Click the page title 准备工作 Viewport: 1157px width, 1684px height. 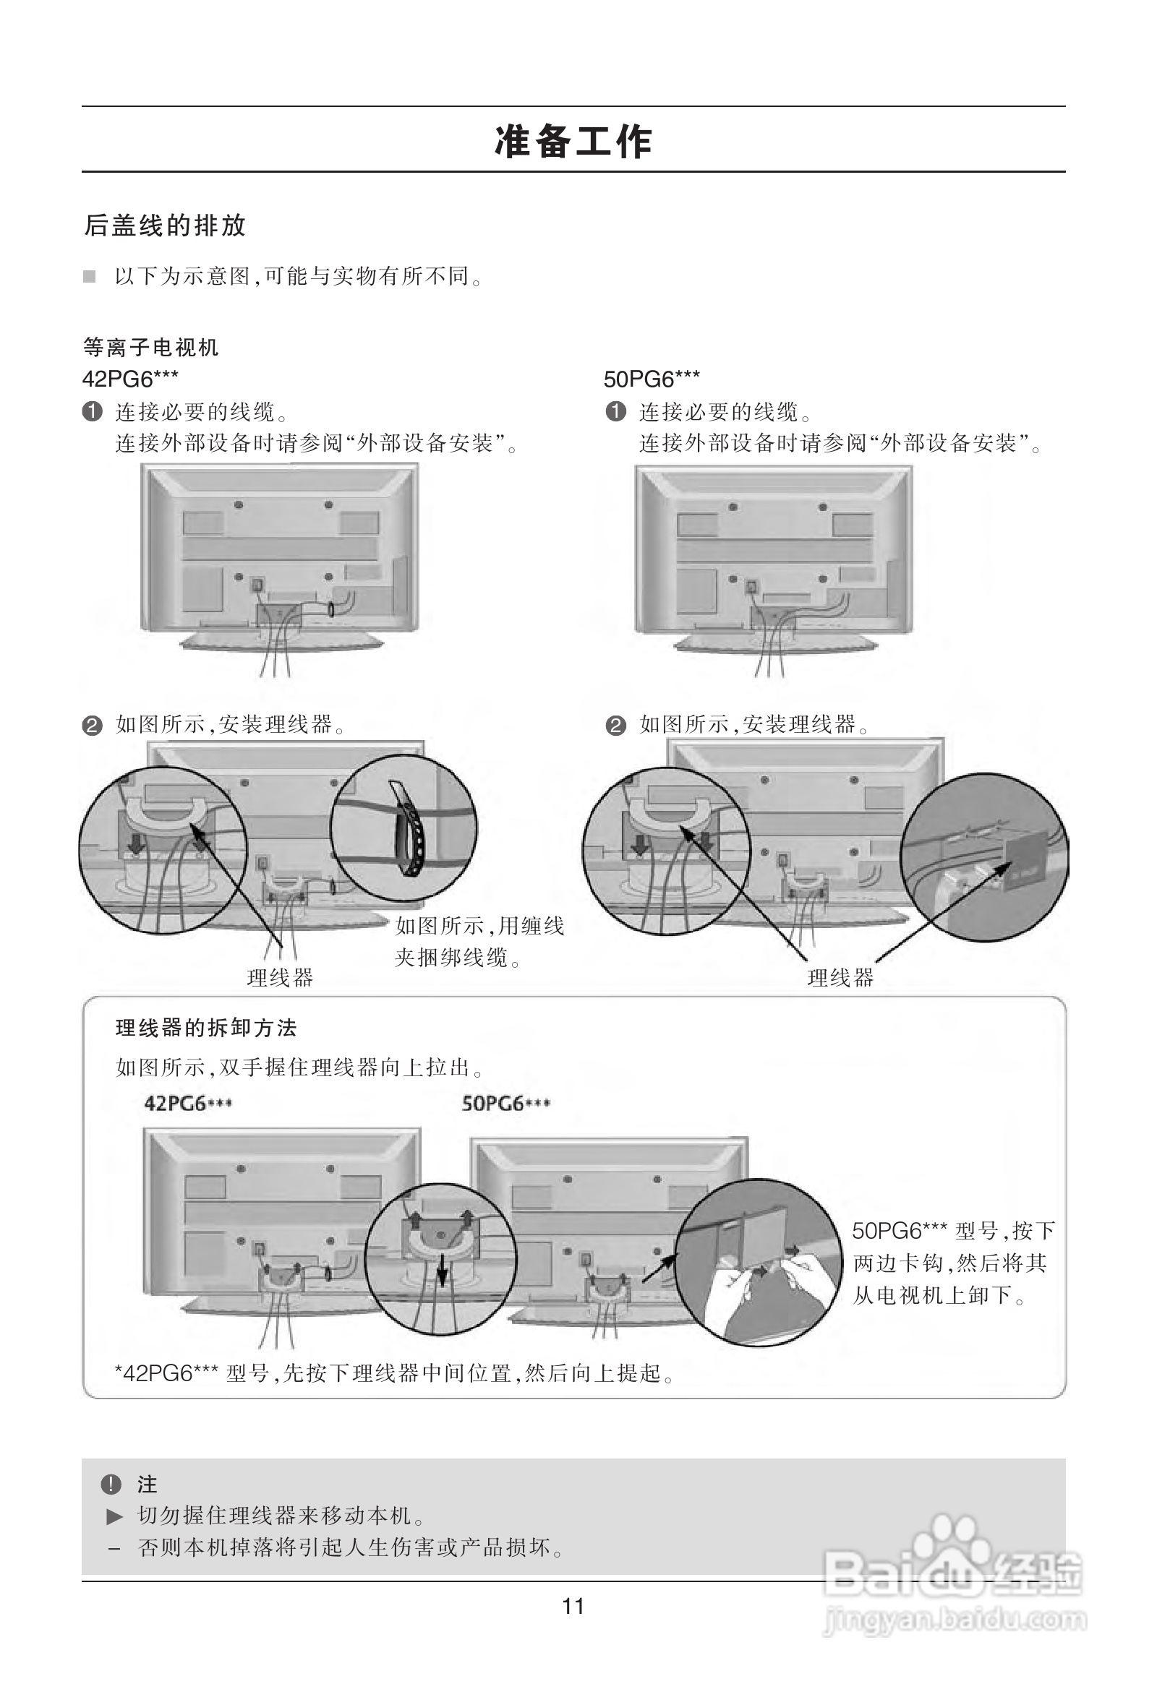(573, 142)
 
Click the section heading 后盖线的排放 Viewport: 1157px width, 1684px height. (166, 225)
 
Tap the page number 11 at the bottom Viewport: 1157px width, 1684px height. (573, 1607)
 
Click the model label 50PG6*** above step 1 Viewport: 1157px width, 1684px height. (652, 378)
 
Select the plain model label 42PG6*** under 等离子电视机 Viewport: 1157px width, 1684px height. (129, 378)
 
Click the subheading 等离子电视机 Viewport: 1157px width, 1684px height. (150, 348)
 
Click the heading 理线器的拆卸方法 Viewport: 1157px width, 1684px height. (206, 1028)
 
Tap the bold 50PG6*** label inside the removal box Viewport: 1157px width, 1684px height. (505, 1104)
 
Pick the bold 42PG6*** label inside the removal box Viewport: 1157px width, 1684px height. (188, 1104)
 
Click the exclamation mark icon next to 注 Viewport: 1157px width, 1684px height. (111, 1484)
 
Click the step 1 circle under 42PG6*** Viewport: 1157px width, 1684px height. (92, 412)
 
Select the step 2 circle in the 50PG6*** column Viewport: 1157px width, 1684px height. (615, 726)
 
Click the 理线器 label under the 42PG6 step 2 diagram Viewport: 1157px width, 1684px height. (280, 978)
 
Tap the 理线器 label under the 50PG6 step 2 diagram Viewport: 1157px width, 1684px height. (840, 978)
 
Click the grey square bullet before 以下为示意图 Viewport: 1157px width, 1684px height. (89, 276)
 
